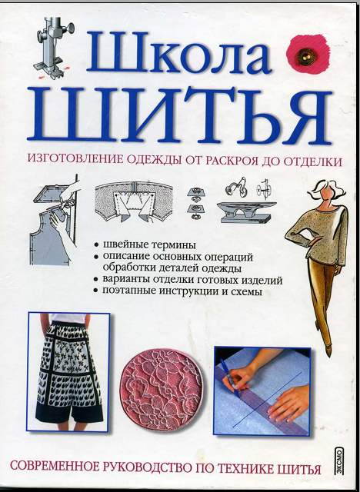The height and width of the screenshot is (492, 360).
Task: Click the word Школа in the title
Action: coord(179,52)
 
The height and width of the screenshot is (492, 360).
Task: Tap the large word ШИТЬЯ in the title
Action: coord(179,116)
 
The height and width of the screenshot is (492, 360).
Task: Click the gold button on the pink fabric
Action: coord(305,57)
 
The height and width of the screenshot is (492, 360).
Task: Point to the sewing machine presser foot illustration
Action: coord(54,47)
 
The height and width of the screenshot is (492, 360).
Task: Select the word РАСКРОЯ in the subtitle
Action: coord(230,161)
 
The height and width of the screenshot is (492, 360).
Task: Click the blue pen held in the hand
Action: coord(230,377)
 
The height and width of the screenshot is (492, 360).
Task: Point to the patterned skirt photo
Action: coord(68,372)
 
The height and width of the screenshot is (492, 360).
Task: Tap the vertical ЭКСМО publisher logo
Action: coord(338,460)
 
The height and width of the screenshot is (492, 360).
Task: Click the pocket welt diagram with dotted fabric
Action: coord(134,201)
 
